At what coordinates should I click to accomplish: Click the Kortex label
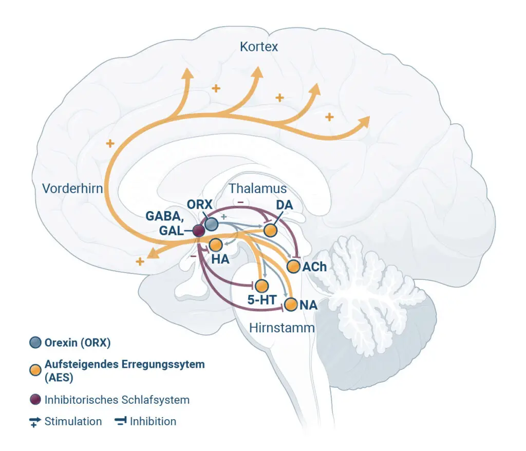click(259, 47)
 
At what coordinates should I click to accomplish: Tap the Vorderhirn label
click(72, 189)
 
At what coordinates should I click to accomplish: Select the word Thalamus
click(258, 189)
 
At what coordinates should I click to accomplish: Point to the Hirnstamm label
click(282, 328)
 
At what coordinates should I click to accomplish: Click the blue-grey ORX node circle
click(211, 224)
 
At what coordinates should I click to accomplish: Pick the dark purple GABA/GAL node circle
click(199, 231)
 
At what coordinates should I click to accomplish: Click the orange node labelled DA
click(270, 231)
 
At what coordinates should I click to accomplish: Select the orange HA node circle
click(216, 246)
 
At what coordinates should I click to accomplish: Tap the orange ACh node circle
click(293, 267)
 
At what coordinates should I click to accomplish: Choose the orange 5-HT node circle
click(261, 286)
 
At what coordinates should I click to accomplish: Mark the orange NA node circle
click(291, 305)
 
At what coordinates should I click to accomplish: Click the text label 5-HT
click(261, 299)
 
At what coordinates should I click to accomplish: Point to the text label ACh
click(314, 267)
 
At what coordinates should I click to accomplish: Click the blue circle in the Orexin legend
click(35, 343)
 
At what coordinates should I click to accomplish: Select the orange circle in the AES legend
click(35, 370)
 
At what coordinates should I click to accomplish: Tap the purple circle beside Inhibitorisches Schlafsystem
click(35, 400)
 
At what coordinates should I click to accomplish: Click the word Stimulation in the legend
click(73, 421)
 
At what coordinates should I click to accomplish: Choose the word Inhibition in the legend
click(153, 421)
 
